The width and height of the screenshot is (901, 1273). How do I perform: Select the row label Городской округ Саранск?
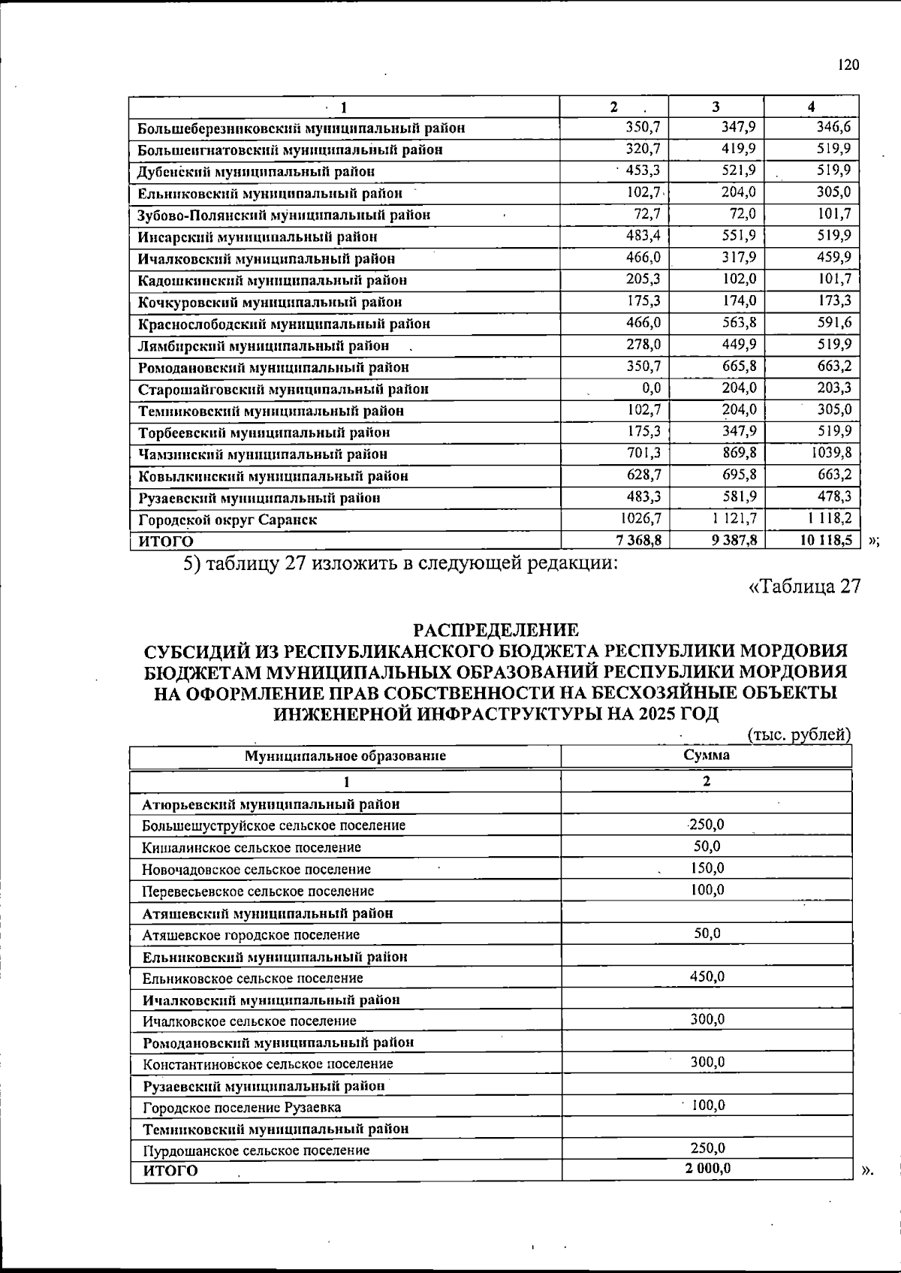click(228, 520)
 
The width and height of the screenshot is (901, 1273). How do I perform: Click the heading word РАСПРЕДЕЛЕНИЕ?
click(496, 629)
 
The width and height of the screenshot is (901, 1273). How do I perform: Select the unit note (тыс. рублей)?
click(799, 735)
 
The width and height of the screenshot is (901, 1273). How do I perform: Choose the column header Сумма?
click(706, 756)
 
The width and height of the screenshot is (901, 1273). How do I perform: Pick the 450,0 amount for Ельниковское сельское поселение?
click(707, 976)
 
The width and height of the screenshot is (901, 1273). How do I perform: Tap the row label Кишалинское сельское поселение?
click(252, 847)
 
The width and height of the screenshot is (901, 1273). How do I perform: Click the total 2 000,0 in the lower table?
click(707, 1168)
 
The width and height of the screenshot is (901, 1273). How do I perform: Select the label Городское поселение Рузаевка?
click(242, 1107)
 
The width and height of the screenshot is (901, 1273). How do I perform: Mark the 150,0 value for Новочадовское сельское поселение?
click(707, 868)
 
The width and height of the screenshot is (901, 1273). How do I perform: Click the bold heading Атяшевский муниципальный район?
click(268, 913)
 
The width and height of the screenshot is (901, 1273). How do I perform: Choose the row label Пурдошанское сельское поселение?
click(256, 1150)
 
